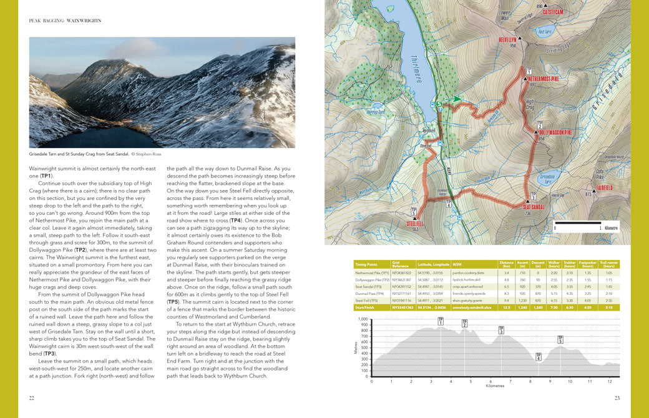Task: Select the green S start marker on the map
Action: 439,104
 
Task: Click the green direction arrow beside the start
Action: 454,99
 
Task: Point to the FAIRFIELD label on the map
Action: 607,188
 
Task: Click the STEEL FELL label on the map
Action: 416,223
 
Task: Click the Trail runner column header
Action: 609,265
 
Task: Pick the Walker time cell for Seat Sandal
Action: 554,286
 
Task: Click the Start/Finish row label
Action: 366,307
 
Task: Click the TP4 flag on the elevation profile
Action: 538,357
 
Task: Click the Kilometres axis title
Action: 495,386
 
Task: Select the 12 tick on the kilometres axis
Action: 609,381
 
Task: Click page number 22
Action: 32,397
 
